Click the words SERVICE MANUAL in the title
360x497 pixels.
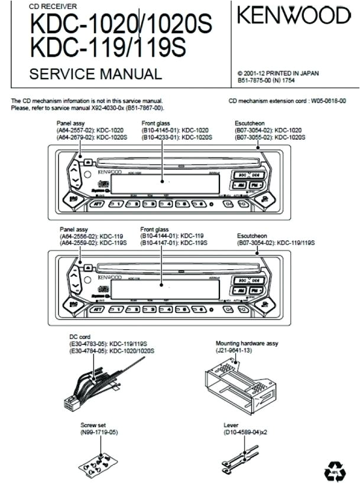95,75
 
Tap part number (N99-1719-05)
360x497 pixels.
99,433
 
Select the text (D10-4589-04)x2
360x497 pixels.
246,433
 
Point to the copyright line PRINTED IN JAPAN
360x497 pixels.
277,73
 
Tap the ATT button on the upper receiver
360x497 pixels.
96,204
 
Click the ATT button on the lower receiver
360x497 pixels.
96,308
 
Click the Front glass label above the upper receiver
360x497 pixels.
155,124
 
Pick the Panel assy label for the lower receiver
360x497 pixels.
74,228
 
